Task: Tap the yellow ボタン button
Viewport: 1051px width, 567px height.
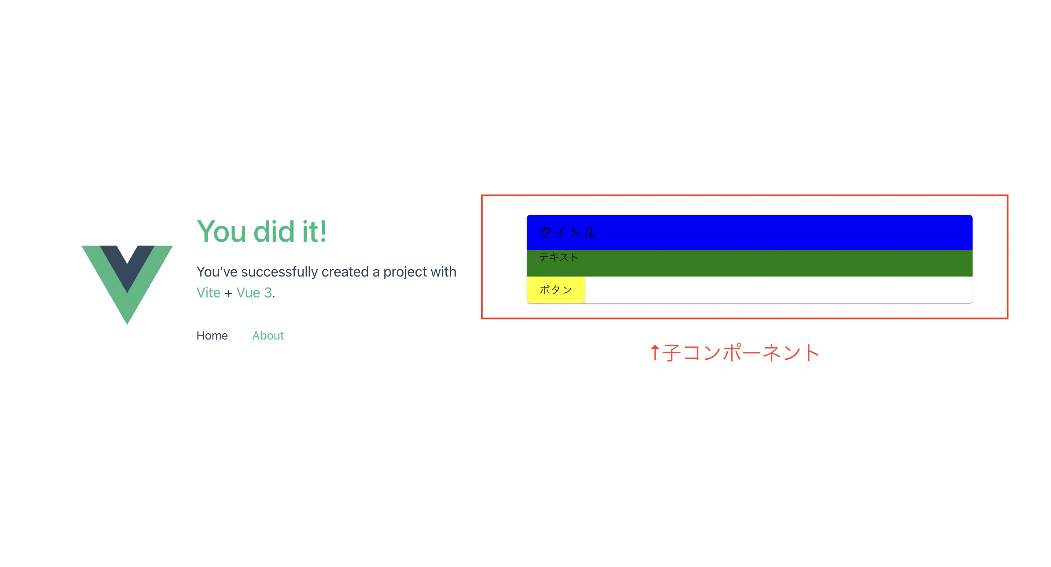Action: coord(556,290)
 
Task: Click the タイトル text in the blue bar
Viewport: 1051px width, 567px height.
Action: coord(568,232)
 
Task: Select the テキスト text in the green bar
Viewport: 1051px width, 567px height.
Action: coord(558,257)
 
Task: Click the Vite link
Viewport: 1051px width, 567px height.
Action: coord(208,293)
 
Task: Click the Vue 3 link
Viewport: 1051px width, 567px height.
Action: coord(254,293)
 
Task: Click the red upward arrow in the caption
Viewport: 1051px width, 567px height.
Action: coord(654,352)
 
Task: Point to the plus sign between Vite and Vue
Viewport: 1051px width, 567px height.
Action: coord(228,293)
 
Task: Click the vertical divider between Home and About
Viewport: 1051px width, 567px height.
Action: coord(240,335)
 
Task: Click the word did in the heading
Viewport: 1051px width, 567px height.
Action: coord(274,232)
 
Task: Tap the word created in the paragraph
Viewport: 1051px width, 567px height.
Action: coord(345,272)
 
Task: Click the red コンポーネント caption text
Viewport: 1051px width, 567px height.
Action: coord(751,352)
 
